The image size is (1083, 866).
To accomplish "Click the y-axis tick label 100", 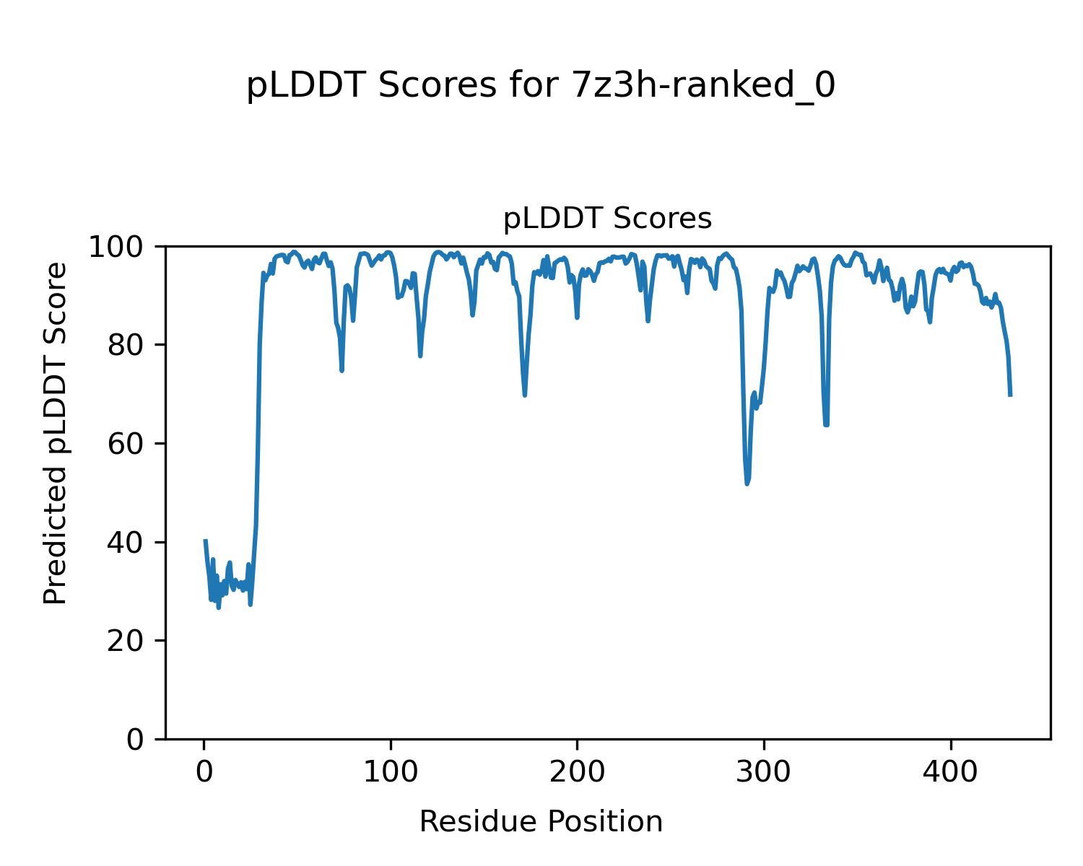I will [122, 248].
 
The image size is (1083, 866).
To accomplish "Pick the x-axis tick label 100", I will [391, 772].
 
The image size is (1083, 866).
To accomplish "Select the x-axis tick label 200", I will [577, 772].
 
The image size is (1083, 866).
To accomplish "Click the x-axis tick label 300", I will [764, 772].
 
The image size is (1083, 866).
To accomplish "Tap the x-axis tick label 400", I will [950, 772].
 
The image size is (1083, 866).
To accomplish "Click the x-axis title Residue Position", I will [541, 822].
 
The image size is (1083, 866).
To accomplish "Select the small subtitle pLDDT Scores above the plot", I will [607, 219].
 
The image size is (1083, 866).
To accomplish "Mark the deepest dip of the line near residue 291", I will [747, 484].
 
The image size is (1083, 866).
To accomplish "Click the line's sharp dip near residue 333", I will [826, 424].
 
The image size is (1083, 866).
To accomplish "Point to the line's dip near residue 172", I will [525, 395].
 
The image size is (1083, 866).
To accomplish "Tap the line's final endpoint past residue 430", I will [1010, 395].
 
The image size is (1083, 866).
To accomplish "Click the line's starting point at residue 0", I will [205, 540].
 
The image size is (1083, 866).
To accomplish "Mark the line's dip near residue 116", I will [420, 356].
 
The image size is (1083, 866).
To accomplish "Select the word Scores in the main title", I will [438, 86].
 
